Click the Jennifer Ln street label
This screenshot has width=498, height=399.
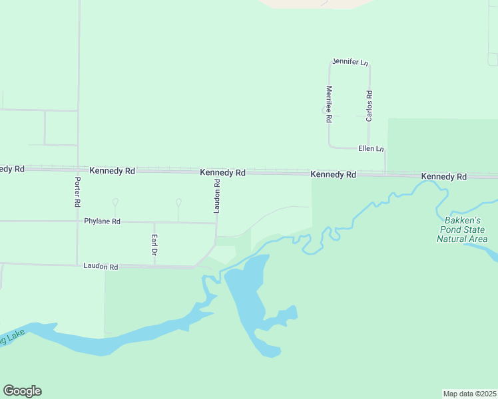(x=350, y=63)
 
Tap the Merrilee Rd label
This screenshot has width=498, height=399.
(x=329, y=104)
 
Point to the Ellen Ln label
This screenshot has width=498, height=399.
(x=371, y=148)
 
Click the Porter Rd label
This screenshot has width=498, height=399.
(x=78, y=191)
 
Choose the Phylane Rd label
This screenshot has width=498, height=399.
(x=102, y=221)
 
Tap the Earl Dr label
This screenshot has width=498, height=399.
(x=154, y=245)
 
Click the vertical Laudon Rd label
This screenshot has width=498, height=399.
(x=217, y=196)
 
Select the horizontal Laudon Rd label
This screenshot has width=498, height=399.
(x=101, y=267)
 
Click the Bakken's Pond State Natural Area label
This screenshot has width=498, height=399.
(x=462, y=229)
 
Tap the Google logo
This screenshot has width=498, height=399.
(x=22, y=391)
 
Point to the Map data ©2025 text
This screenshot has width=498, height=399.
(x=469, y=393)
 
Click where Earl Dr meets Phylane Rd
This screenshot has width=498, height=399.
(x=154, y=222)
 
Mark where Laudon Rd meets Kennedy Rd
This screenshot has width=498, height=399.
(x=217, y=172)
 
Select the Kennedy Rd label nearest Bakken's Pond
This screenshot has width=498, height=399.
(x=443, y=176)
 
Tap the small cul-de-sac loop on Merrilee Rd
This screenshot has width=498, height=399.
(x=324, y=110)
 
